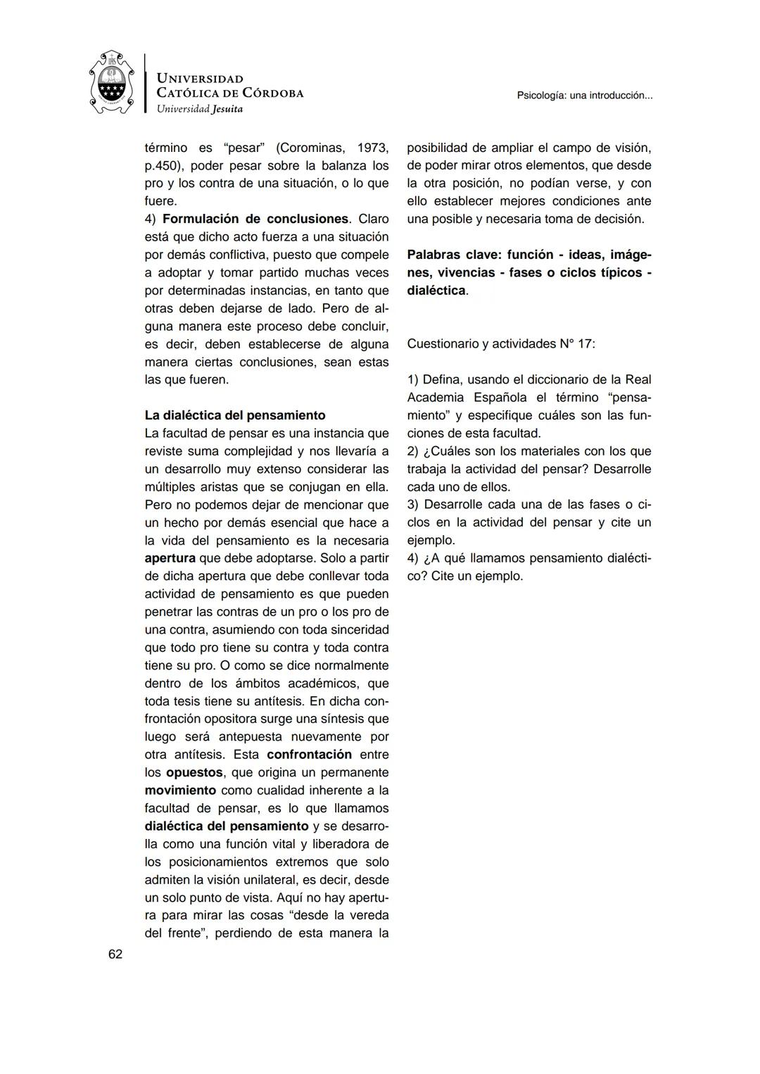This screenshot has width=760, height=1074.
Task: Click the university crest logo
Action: click(112, 82)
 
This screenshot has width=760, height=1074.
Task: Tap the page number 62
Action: click(115, 954)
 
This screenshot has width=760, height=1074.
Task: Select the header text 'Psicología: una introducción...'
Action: click(584, 95)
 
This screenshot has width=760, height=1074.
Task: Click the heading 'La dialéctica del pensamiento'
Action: click(235, 415)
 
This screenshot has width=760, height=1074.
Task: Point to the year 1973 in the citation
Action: click(373, 148)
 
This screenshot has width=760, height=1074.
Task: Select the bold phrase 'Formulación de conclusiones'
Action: click(255, 219)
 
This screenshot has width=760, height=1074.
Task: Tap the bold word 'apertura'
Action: click(170, 558)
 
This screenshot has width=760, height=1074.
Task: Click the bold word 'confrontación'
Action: click(310, 754)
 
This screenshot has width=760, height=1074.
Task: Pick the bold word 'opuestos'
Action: click(195, 772)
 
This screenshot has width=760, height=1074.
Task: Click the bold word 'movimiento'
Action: click(180, 790)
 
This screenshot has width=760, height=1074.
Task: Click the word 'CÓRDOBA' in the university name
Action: click(272, 93)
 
